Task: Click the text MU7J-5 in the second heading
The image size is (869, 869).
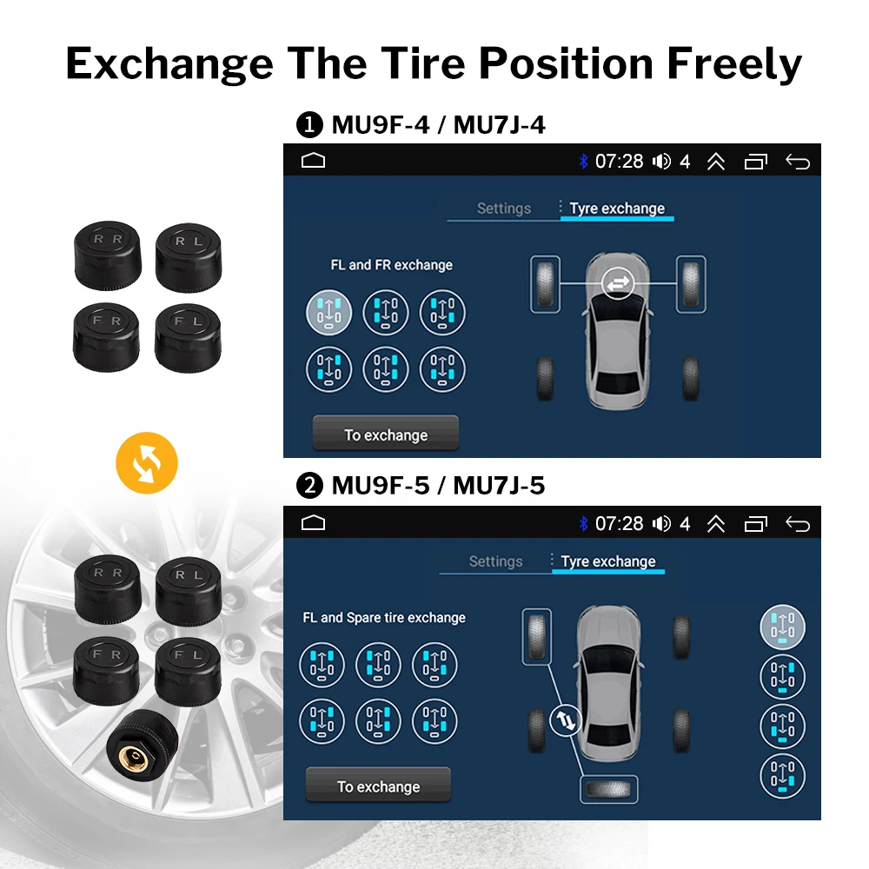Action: click(499, 486)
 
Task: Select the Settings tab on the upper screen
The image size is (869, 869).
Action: click(503, 209)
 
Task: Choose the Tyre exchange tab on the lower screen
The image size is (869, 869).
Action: click(608, 561)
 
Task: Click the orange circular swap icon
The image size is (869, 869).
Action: click(146, 461)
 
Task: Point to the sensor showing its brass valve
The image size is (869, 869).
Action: click(142, 743)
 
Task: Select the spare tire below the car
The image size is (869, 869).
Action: click(607, 789)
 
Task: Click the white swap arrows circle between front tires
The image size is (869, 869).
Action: click(618, 283)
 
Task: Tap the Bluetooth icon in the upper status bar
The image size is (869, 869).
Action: click(583, 162)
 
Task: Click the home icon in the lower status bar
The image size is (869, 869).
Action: click(313, 522)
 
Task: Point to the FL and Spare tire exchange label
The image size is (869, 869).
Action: click(384, 618)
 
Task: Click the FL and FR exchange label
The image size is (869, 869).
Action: click(391, 265)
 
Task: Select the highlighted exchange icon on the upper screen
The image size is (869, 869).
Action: click(328, 312)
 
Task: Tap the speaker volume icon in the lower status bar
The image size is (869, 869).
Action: click(661, 523)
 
